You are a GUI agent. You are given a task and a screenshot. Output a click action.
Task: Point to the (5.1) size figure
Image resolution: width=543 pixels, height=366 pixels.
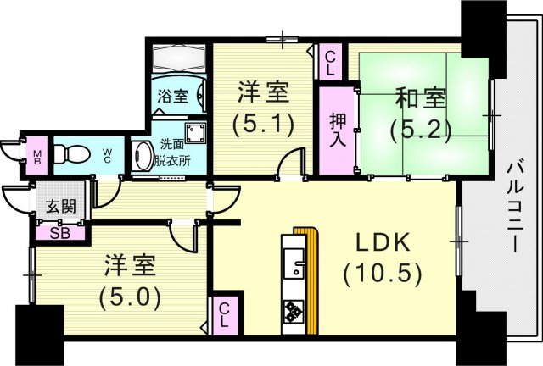coord(264,124)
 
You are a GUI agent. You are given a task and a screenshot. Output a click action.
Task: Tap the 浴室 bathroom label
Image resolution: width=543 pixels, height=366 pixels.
coord(173,97)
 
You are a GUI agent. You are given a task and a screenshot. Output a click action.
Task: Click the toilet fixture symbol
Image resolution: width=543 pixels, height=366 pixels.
coord(73,155)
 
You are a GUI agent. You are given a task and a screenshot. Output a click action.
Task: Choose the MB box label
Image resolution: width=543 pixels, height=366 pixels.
coord(37,156)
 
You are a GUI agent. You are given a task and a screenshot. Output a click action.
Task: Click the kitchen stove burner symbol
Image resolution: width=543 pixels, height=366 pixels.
coord(294,311)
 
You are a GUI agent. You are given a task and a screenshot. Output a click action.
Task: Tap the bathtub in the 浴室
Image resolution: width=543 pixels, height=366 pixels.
coord(179,58)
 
